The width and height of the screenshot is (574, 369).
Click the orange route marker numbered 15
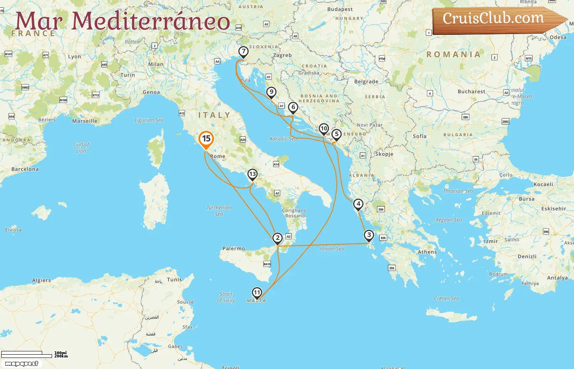(x=206, y=139)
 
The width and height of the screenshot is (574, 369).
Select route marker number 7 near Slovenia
(x=244, y=52)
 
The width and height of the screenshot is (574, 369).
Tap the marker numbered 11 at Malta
(x=257, y=292)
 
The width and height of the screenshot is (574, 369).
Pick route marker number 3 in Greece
(x=369, y=235)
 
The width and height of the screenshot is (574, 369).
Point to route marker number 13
(x=252, y=174)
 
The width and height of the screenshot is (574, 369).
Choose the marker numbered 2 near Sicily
(x=278, y=238)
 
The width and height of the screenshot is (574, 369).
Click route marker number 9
(x=271, y=92)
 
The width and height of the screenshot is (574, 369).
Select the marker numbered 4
(x=358, y=204)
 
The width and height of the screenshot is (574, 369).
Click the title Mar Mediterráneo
(x=123, y=21)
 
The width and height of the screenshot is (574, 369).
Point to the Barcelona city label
(x=25, y=169)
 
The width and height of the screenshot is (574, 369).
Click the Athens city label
(x=427, y=252)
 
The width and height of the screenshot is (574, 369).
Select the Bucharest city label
(x=471, y=91)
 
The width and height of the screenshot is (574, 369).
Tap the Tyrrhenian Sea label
(x=219, y=211)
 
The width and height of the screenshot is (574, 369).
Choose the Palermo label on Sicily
(x=234, y=248)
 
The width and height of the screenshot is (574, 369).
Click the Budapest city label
(x=340, y=9)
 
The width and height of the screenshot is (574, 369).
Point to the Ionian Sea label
(x=332, y=248)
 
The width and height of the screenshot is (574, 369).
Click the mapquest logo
(x=22, y=364)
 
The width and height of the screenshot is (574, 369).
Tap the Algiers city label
(x=41, y=280)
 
